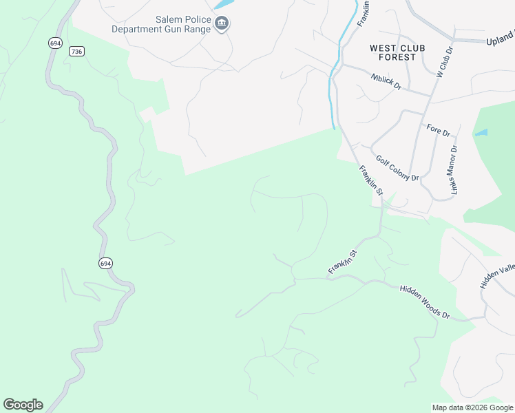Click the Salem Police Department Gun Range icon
click(x=222, y=25)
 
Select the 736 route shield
click(x=77, y=52)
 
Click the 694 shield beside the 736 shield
click(x=56, y=43)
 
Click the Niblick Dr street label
click(x=390, y=83)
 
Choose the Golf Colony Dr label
click(x=397, y=168)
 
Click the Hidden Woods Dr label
click(x=424, y=301)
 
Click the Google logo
click(x=23, y=405)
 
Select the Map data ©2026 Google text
click(x=472, y=407)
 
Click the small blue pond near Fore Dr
click(x=481, y=132)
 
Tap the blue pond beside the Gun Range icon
click(x=222, y=4)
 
